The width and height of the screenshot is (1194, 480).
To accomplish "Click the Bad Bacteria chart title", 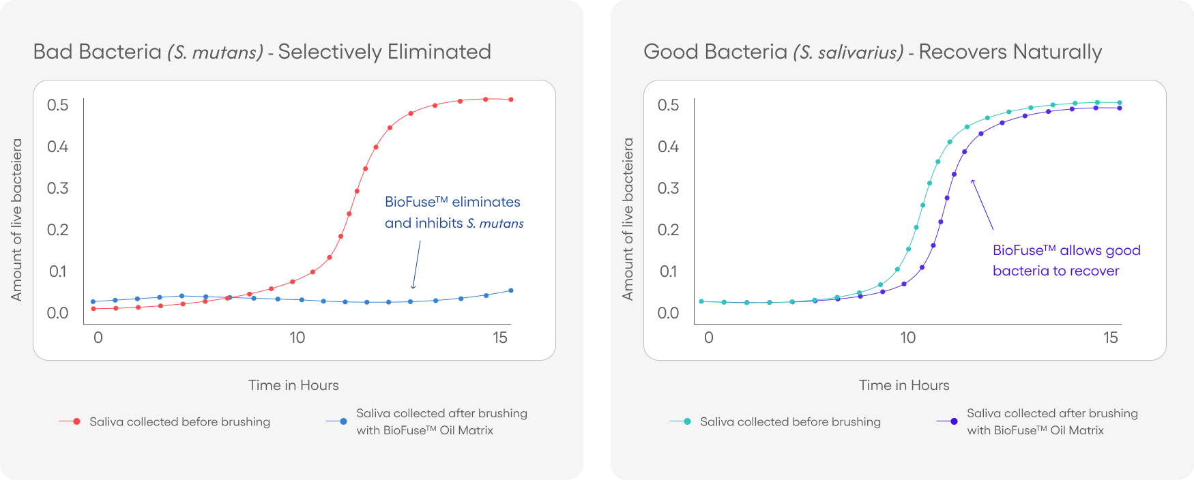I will [x=262, y=52].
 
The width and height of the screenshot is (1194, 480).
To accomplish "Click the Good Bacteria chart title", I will [x=873, y=52].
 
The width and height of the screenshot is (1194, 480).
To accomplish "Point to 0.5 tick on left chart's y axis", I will [x=58, y=105].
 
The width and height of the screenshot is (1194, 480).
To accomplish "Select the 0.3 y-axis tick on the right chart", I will [x=668, y=188].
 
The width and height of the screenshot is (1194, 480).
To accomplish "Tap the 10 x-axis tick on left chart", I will [x=297, y=337].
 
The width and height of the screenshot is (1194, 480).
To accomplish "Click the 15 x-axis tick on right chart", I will [x=1111, y=337].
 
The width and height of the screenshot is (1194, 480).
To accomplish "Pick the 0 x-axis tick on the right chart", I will [x=709, y=337].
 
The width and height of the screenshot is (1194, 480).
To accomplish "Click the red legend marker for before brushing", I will [x=76, y=422].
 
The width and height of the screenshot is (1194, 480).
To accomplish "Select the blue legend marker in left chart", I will [x=343, y=422].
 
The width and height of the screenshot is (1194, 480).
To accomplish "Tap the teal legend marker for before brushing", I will [x=687, y=422].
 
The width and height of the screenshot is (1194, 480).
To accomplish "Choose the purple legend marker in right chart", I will [x=954, y=422].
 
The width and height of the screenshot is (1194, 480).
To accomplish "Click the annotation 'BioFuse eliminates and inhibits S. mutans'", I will [x=454, y=212].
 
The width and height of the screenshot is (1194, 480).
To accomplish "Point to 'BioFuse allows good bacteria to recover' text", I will [x=1066, y=260].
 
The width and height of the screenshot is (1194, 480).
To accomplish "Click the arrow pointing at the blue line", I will [x=416, y=265].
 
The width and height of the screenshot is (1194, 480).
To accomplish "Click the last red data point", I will [x=511, y=100].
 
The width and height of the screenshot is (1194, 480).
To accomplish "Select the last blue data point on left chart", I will [x=511, y=290].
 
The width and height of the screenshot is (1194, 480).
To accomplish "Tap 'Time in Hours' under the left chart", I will [x=293, y=385].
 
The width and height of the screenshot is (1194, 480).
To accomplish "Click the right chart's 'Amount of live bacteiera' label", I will [x=628, y=219].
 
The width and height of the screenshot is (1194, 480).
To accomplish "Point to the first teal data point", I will [x=701, y=301].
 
